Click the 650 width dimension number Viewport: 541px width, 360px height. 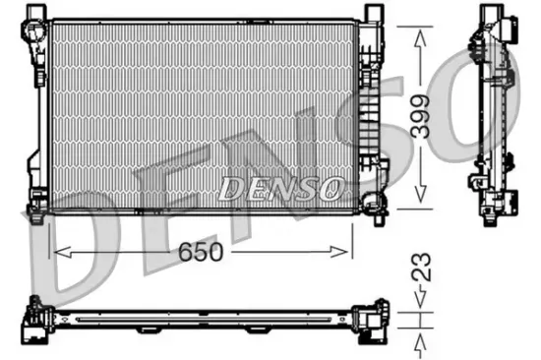pyautogui.click(x=202, y=252)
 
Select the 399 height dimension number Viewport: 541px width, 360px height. pyautogui.click(x=422, y=119)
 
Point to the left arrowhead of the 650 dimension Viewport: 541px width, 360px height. pyautogui.click(x=56, y=252)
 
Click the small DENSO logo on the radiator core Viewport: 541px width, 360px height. pyautogui.click(x=281, y=187)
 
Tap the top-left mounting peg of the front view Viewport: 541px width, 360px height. pyautogui.click(x=38, y=13)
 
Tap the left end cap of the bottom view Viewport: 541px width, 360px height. pyautogui.click(x=39, y=321)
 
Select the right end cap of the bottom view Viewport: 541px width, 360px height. pyautogui.click(x=373, y=321)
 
